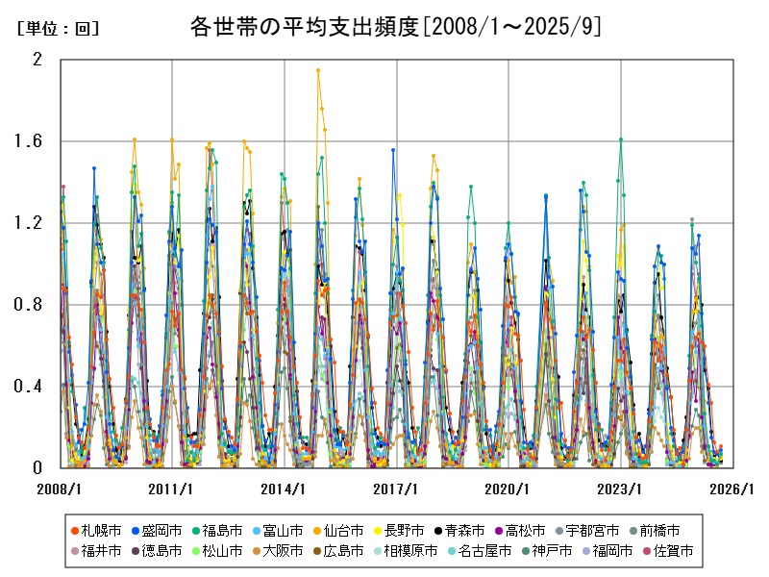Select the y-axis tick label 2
(x=38, y=60)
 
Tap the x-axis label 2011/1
(x=172, y=489)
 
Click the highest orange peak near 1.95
(x=318, y=70)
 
